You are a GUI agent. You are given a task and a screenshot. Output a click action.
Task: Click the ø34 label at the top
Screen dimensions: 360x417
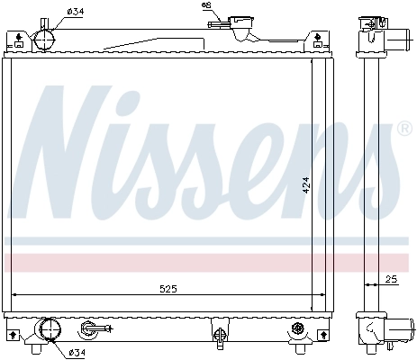pyautogui.click(x=77, y=11)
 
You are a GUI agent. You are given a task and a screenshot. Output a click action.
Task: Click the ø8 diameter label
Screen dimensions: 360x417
pyautogui.click(x=206, y=6)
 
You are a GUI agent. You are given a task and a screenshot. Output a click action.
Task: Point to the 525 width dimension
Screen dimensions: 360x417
pyautogui.click(x=168, y=288)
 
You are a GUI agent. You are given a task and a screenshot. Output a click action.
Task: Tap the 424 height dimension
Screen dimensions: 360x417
pyautogui.click(x=306, y=185)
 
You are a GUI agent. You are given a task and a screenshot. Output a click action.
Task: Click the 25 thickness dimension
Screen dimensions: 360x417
pyautogui.click(x=389, y=278)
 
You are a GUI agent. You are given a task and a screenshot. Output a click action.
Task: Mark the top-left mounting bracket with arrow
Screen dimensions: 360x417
pyautogui.click(x=15, y=37)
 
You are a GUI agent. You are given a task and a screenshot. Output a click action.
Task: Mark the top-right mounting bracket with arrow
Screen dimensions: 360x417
pyautogui.click(x=317, y=37)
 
